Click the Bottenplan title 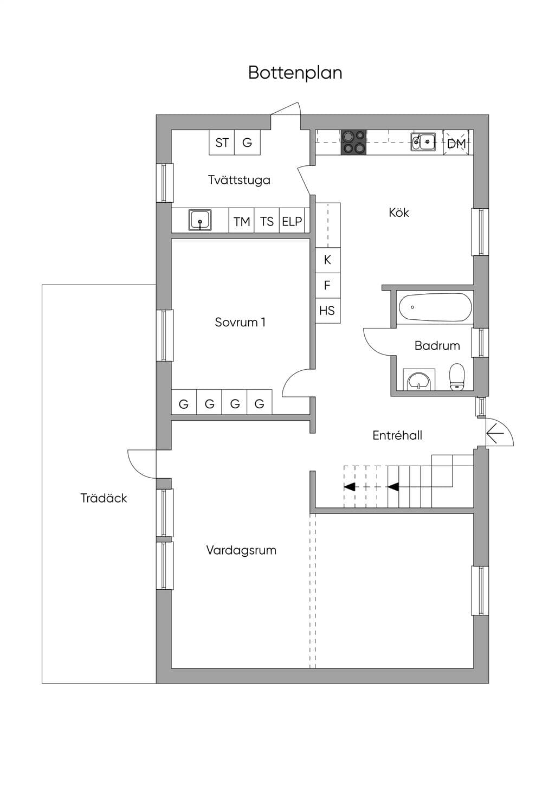(x=295, y=73)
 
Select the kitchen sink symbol (x=423, y=141)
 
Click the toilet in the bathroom (x=457, y=377)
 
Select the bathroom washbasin (x=419, y=380)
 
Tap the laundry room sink (x=200, y=220)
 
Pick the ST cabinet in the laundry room (x=222, y=143)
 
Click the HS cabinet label (x=327, y=311)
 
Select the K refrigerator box (x=327, y=260)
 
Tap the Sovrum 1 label (x=240, y=323)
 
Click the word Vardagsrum (x=241, y=550)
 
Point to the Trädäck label (x=104, y=498)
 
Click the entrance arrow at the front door (x=495, y=434)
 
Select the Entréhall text (x=397, y=435)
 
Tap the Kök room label (x=399, y=213)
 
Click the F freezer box (x=327, y=285)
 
